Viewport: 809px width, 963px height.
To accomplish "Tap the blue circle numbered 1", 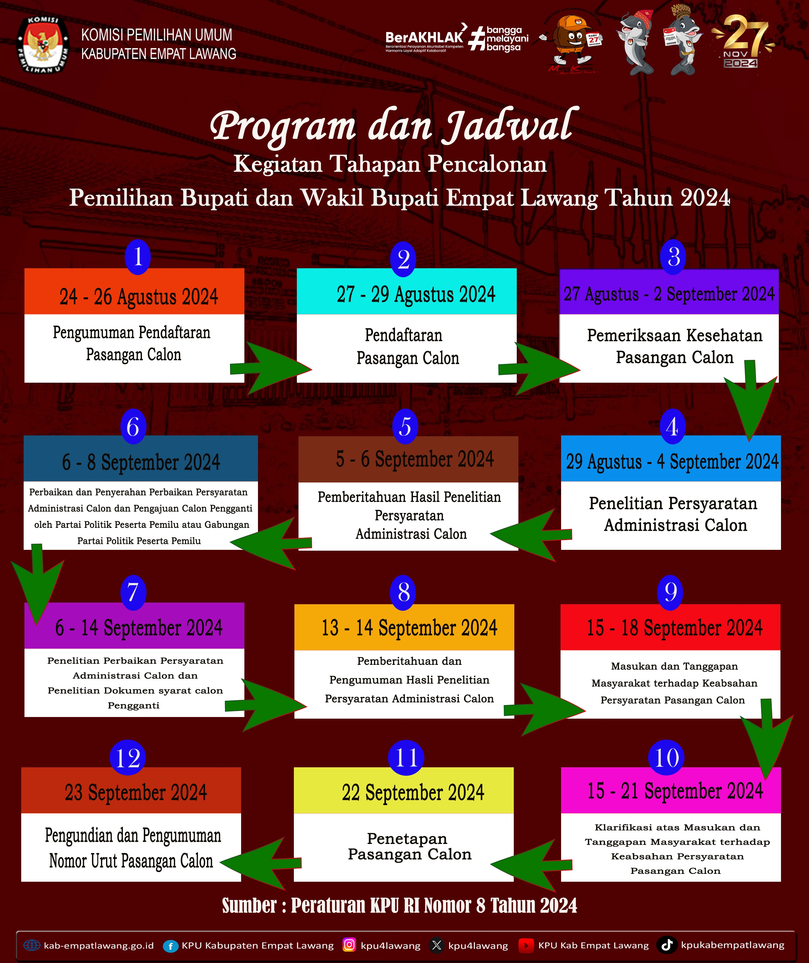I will click(x=138, y=257).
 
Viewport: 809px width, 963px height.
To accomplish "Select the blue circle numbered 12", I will click(x=128, y=758).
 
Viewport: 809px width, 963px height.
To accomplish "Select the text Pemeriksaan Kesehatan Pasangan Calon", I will click(x=674, y=346).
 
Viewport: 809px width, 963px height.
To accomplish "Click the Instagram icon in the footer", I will click(x=349, y=945).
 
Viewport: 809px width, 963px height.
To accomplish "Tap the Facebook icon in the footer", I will click(x=170, y=946).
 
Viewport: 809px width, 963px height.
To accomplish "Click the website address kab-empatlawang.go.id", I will click(x=99, y=946).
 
